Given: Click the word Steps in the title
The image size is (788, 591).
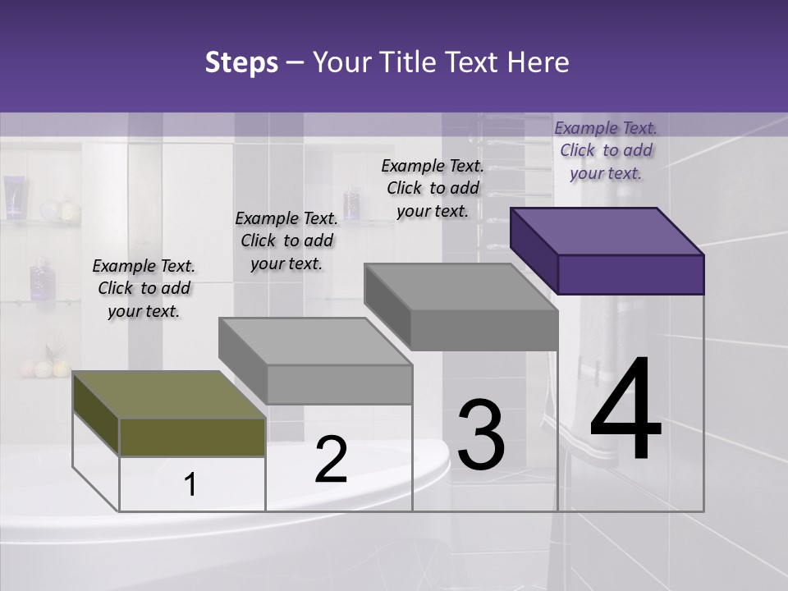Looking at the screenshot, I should click(x=241, y=62).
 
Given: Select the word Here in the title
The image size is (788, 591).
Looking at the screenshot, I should click(x=538, y=62).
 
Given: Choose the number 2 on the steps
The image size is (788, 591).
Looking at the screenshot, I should click(x=331, y=460).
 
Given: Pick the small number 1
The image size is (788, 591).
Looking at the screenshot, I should click(x=190, y=485).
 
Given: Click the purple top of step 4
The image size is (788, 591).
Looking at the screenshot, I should click(x=606, y=231).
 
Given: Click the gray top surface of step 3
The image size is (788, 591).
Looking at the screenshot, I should click(x=460, y=286).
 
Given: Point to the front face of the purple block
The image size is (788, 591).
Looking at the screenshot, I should click(x=630, y=274).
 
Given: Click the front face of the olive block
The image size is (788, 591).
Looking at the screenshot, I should click(x=192, y=437).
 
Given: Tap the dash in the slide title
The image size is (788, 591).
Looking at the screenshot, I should click(x=295, y=62).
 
